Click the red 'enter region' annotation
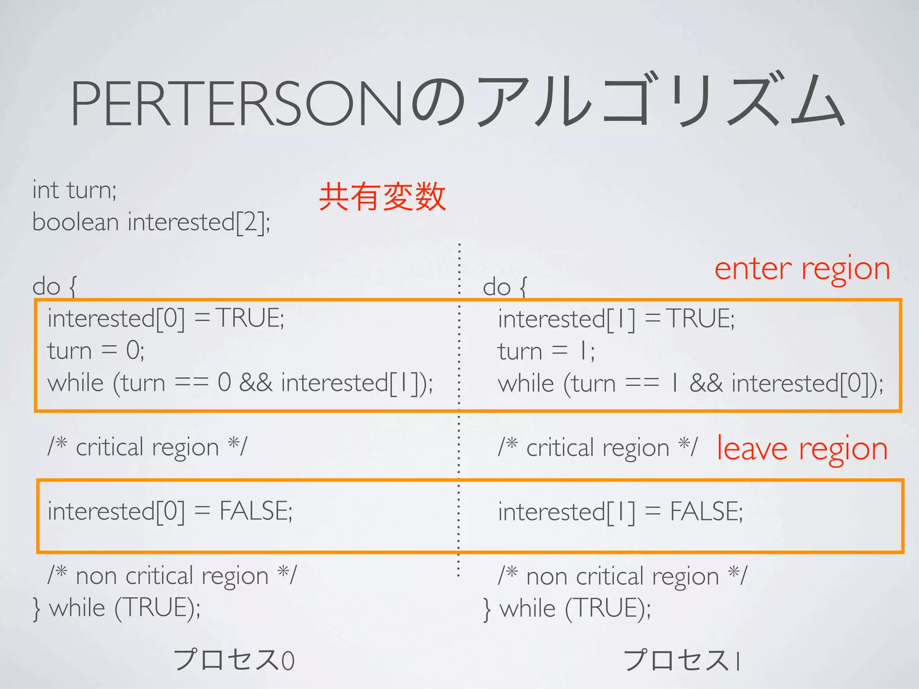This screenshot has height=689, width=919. tap(802, 269)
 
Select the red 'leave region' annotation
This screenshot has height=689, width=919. tap(802, 449)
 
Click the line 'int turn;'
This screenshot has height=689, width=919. tap(74, 190)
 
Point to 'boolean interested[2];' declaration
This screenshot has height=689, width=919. tap(151, 222)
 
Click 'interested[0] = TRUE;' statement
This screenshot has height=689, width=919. tap(166, 318)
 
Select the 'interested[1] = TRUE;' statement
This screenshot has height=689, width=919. tap(616, 319)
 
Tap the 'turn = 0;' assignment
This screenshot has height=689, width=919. tap(96, 350)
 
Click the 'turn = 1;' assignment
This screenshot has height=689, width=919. tap(546, 351)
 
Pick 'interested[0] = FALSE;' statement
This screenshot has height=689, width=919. tap(170, 511)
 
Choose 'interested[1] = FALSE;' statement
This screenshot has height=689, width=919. tap(620, 512)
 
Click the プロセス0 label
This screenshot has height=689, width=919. tap(234, 660)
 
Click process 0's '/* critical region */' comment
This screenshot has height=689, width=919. tap(147, 447)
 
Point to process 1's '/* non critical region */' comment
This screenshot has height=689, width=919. tap(622, 576)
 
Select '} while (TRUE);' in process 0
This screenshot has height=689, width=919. tap(117, 608)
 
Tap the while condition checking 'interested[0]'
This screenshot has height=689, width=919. tap(691, 384)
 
